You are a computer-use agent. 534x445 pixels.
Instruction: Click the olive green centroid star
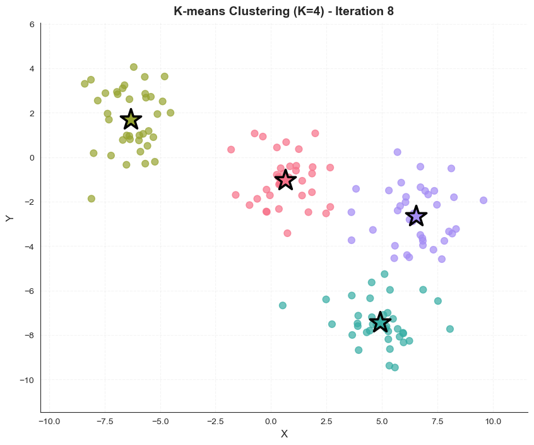(131, 119)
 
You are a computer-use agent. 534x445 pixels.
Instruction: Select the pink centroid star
(285, 180)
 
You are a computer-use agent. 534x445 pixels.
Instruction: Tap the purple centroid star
(416, 216)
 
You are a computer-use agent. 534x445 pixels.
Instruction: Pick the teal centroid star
(380, 322)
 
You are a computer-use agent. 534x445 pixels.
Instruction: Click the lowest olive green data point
(92, 198)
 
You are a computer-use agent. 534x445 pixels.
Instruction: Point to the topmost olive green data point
(134, 67)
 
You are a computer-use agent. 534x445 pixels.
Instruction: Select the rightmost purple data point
(484, 200)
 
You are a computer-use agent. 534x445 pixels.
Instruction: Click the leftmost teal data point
(283, 305)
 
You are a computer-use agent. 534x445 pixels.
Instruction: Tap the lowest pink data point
(287, 233)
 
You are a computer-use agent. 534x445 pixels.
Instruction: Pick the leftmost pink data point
(231, 149)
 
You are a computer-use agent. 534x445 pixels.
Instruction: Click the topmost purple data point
(398, 152)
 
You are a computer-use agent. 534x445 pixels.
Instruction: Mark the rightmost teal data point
(450, 329)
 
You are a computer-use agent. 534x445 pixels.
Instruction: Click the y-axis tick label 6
(32, 24)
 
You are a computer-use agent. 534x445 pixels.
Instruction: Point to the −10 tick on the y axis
(27, 380)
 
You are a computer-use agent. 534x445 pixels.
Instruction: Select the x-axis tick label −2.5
(216, 422)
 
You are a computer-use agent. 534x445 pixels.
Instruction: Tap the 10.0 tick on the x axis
(493, 422)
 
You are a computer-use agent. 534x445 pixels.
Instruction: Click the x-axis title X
(285, 434)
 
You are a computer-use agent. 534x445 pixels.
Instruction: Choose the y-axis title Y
(9, 218)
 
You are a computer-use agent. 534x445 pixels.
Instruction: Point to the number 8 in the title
(390, 11)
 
